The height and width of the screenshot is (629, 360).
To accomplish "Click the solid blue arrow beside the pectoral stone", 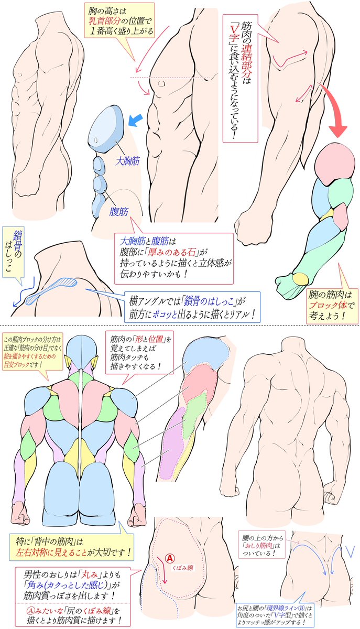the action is pos(136,121).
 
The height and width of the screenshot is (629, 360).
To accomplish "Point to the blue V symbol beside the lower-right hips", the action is pos(350,551).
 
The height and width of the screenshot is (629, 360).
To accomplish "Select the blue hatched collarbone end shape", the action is pos(52,290).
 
